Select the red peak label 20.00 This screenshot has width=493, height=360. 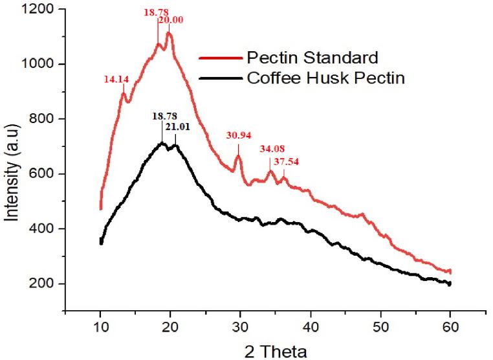[171, 20]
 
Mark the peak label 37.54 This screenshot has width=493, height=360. [286, 162]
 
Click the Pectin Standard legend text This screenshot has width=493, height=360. [312, 57]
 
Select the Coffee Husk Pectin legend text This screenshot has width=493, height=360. [325, 79]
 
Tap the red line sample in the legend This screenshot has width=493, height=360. [221, 57]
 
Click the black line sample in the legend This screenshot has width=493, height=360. [221, 79]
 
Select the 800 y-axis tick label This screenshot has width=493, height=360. [45, 119]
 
